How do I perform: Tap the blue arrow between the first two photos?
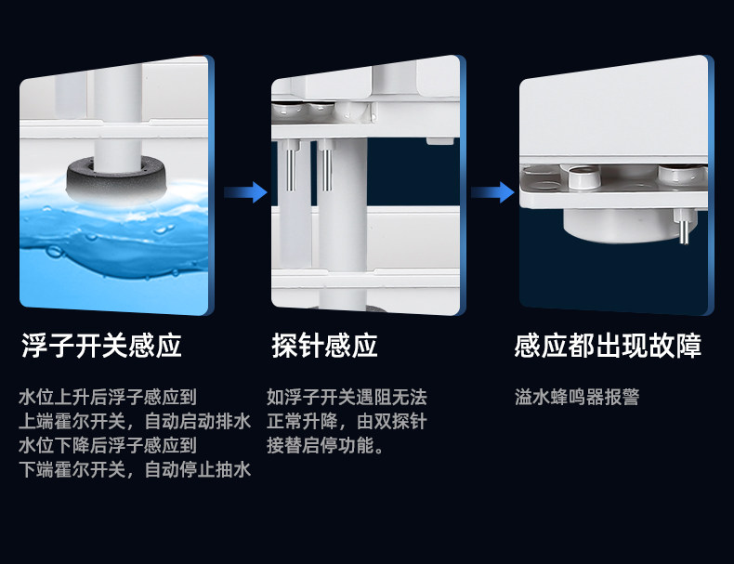pyautogui.click(x=245, y=193)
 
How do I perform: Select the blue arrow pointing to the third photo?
pyautogui.click(x=492, y=193)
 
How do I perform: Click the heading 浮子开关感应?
pyautogui.click(x=101, y=347)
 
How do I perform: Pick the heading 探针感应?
pyautogui.click(x=324, y=347)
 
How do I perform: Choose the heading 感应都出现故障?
pyautogui.click(x=608, y=347)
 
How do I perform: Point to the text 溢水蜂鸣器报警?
pyautogui.click(x=577, y=398)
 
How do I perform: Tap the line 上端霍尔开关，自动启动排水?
pyautogui.click(x=135, y=422)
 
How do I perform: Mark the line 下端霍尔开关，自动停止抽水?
pyautogui.click(x=135, y=470)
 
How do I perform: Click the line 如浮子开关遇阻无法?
pyautogui.click(x=347, y=398)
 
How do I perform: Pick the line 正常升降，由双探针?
pyautogui.click(x=347, y=422)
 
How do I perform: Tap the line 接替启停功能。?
pyautogui.click(x=325, y=446)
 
